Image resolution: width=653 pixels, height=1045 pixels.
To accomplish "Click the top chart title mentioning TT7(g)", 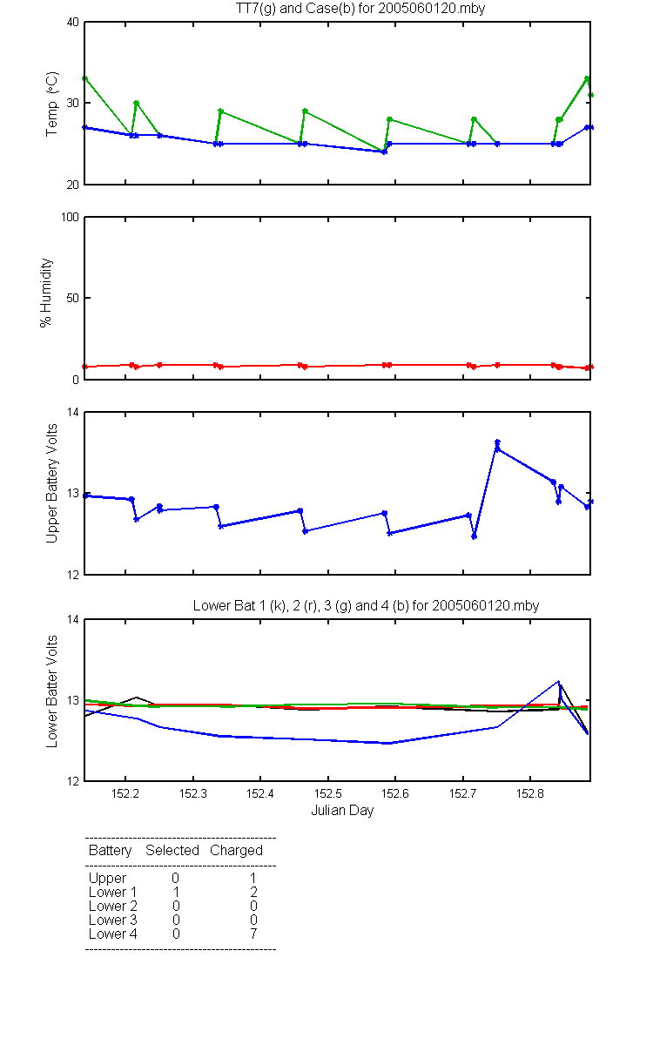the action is [360, 9].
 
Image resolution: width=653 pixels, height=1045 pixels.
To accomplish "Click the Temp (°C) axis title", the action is [51, 104].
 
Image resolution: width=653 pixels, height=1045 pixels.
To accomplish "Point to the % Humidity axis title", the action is [45, 293].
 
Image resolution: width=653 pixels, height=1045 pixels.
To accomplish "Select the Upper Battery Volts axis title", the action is [51, 483].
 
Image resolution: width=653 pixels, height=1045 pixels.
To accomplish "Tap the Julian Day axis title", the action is [342, 811].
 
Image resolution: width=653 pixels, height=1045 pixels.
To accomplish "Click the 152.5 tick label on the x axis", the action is [328, 793].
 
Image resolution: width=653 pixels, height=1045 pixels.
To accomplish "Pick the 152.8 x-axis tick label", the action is [530, 793].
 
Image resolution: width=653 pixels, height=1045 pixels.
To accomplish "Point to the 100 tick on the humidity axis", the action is [70, 218].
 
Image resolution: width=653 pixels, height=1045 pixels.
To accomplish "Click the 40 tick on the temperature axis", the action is [73, 23].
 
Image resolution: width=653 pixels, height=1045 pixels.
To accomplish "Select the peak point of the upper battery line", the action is [497, 442].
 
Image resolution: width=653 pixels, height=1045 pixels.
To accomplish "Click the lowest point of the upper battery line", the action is [474, 537].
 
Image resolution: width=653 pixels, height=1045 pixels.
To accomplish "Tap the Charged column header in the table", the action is [236, 851].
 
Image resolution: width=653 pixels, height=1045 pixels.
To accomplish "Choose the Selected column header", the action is [172, 851].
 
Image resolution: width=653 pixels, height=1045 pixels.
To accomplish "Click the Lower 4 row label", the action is [113, 934].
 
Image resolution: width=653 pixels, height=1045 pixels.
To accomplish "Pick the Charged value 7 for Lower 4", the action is [253, 934].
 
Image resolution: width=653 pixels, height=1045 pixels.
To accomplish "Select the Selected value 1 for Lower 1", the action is [176, 892].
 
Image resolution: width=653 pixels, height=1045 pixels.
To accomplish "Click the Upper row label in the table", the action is [107, 879].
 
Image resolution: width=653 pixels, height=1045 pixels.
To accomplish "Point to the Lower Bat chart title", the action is [367, 605].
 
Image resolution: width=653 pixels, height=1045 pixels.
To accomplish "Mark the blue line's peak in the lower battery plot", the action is [558, 681].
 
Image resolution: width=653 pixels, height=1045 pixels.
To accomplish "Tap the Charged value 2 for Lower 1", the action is [253, 892].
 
